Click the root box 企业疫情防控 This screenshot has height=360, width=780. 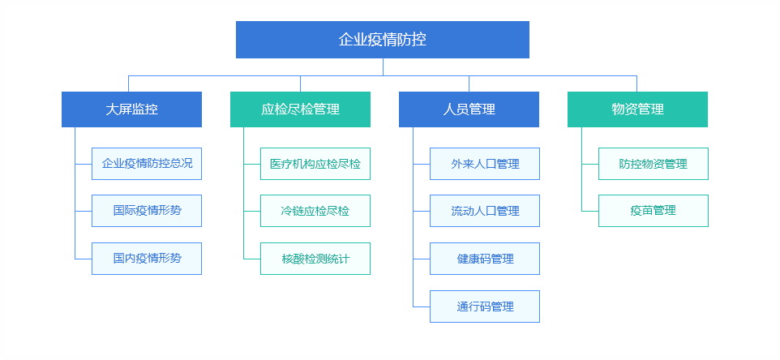pos(383,40)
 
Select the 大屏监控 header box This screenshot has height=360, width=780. pos(132,109)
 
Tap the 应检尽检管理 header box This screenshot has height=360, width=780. pos(301,109)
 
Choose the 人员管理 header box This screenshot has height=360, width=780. pos(469,109)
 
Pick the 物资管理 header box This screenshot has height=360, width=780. pos(638,109)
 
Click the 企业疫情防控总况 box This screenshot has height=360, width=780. pos(147,164)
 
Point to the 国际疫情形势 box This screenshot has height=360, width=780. pos(147,211)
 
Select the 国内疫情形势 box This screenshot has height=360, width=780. pos(147,259)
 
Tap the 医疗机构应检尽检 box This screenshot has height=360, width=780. pos(315,164)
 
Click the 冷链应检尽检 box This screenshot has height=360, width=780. pos(315,211)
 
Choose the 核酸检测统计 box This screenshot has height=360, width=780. pos(315,259)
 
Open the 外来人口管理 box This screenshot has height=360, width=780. pos(485,164)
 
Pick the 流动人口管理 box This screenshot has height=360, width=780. pos(485,211)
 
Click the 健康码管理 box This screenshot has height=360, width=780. pos(485,259)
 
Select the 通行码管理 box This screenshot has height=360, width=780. pos(485,306)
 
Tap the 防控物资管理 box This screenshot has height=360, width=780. pos(654,164)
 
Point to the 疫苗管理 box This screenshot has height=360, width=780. pos(654,211)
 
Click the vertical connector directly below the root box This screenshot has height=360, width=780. pos(383,67)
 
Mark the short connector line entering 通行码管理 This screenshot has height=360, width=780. pos(422,306)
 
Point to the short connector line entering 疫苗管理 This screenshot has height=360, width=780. pos(590,212)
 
